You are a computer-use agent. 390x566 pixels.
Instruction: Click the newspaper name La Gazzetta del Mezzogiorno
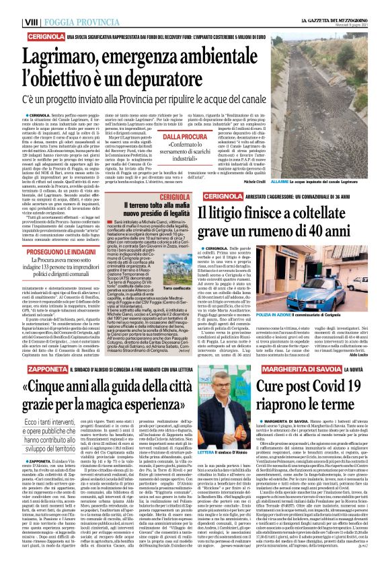point(337,4)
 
